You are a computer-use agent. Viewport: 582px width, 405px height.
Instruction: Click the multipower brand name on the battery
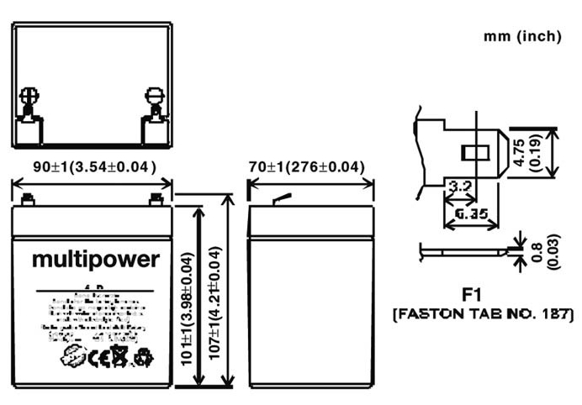95,260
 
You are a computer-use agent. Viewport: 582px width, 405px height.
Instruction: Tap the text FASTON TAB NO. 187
483,315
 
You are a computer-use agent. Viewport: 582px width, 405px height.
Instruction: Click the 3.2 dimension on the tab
459,186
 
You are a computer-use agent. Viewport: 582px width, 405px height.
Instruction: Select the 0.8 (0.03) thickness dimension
546,252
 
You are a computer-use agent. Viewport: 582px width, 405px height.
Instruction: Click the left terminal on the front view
28,200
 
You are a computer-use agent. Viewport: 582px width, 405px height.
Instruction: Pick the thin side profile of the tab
467,250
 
